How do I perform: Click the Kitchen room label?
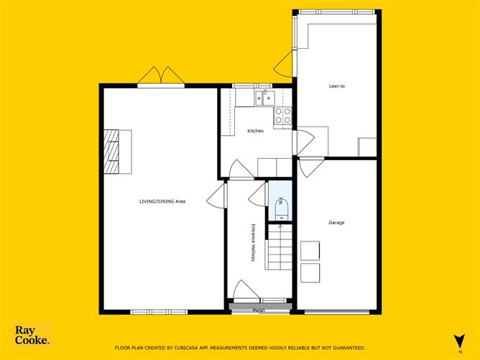[255, 131]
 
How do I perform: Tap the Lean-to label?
[337, 86]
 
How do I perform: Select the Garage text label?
[336, 223]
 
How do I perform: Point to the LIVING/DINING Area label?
[162, 201]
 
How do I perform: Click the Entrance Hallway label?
[253, 243]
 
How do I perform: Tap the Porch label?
[259, 310]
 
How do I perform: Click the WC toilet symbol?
[282, 209]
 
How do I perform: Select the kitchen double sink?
[265, 98]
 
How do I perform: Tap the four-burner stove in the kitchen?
[283, 116]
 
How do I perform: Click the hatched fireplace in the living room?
[111, 152]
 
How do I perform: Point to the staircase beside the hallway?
[279, 247]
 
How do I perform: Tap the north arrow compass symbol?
[459, 341]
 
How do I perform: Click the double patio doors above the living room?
[161, 75]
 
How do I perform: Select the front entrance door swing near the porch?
[246, 290]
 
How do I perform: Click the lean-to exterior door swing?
[283, 64]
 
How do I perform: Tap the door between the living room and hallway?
[217, 196]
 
